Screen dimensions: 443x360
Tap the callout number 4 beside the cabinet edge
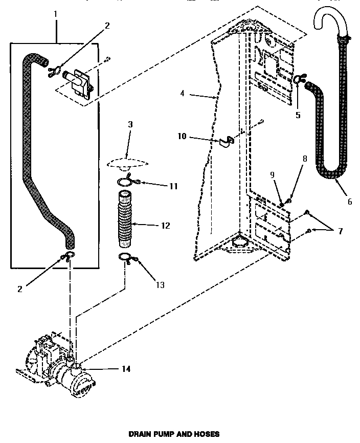pyautogui.click(x=182, y=94)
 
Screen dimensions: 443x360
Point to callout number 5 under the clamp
pyautogui.click(x=298, y=115)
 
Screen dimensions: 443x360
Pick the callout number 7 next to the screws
pyautogui.click(x=340, y=231)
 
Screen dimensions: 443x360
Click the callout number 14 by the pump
pyautogui.click(x=126, y=369)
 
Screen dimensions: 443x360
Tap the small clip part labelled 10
pyautogui.click(x=225, y=140)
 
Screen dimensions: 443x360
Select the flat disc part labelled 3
pyautogui.click(x=128, y=163)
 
